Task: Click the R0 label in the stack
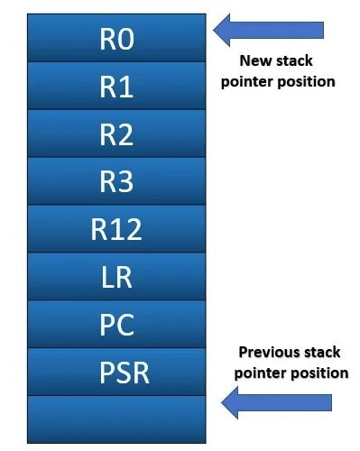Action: [x=117, y=40]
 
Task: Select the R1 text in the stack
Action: [x=117, y=87]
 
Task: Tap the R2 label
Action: [x=117, y=135]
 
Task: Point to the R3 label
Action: [x=117, y=183]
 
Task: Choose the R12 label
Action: [x=117, y=231]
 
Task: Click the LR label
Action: [x=117, y=278]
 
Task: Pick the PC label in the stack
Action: [x=117, y=326]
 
